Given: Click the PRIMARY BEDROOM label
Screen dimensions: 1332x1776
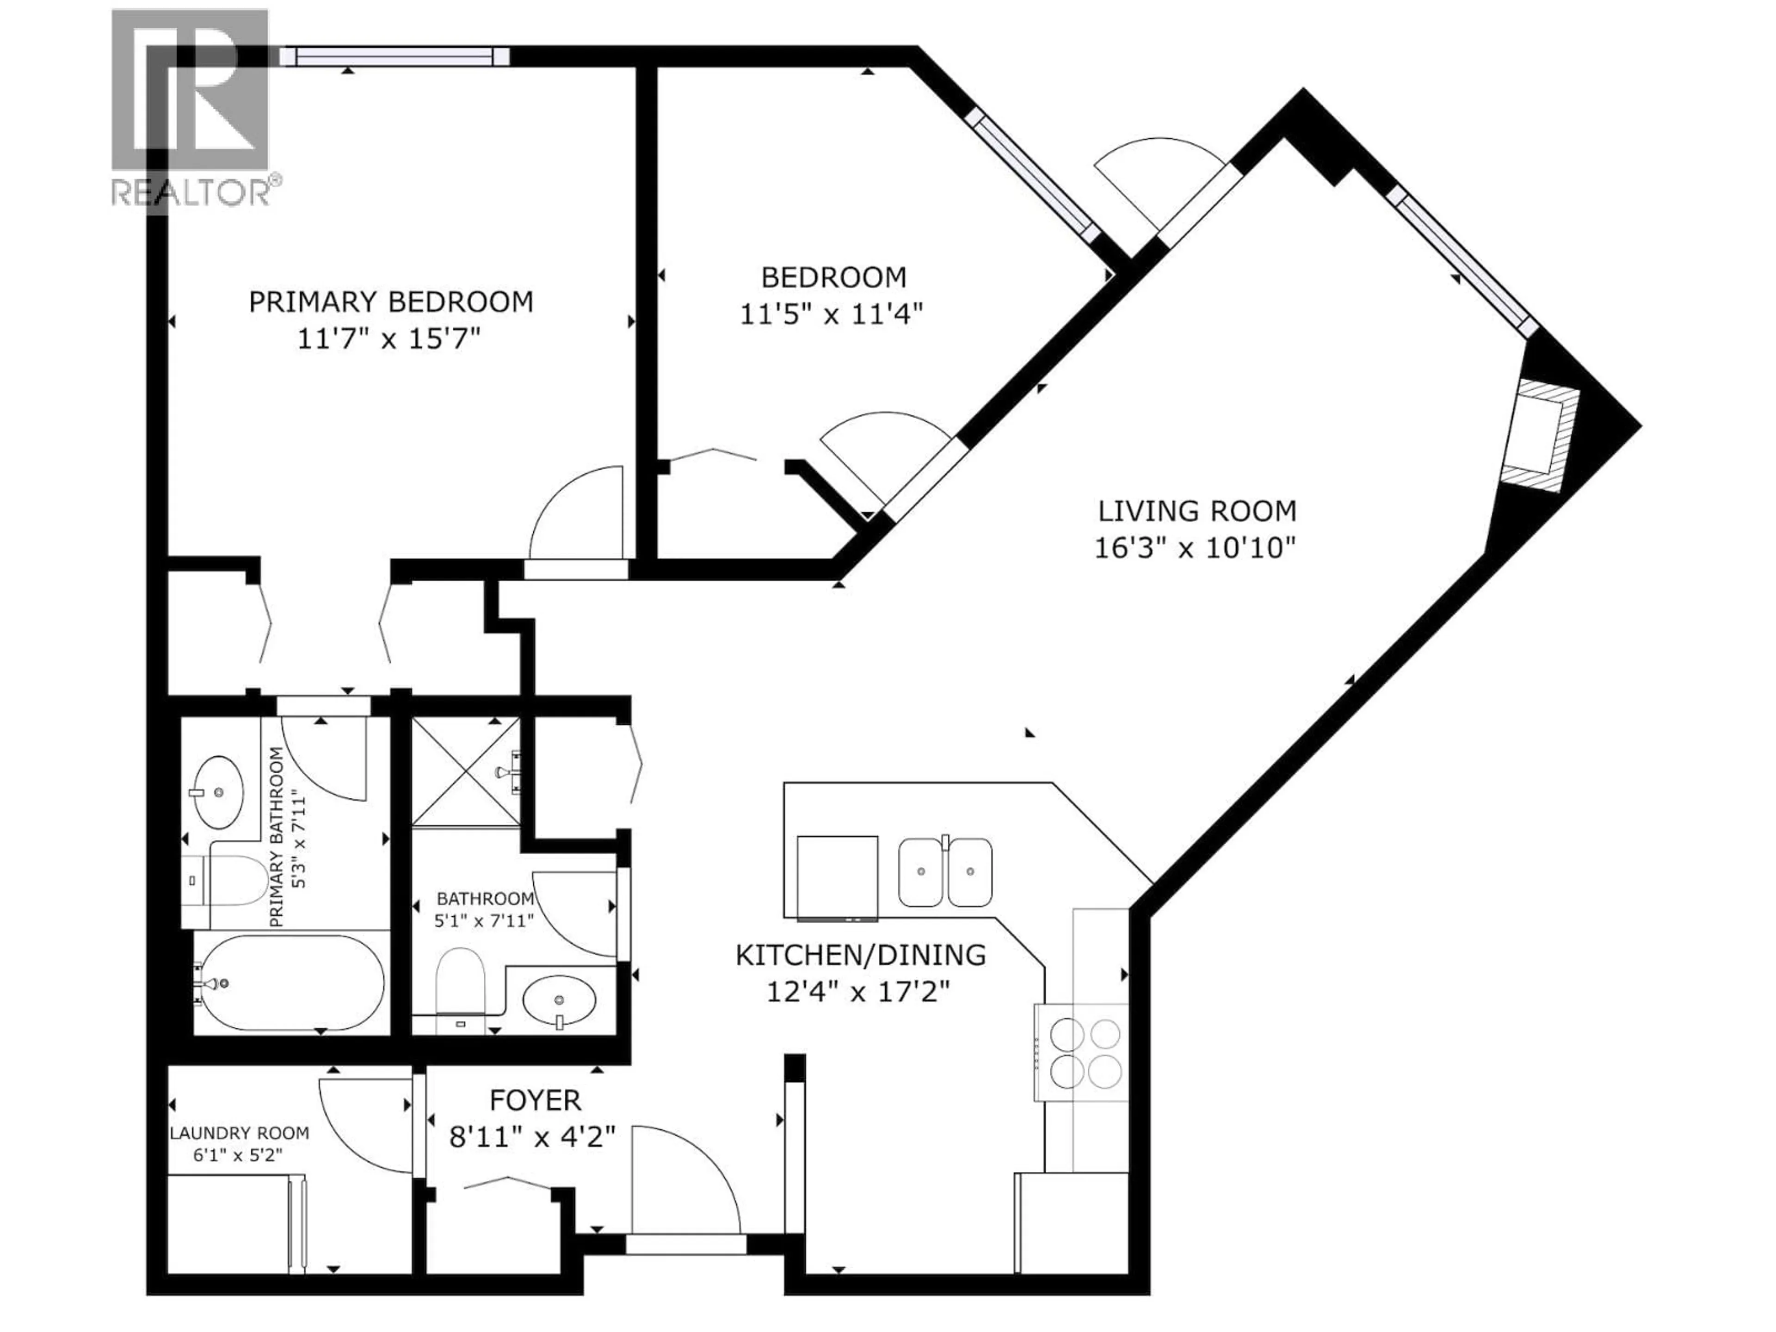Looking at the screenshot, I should [x=391, y=302].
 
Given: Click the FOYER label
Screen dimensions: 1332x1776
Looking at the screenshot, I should [x=536, y=1099].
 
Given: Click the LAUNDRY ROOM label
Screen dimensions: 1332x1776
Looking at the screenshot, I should [x=239, y=1133].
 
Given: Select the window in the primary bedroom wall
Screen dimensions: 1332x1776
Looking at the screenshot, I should [x=394, y=55].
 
